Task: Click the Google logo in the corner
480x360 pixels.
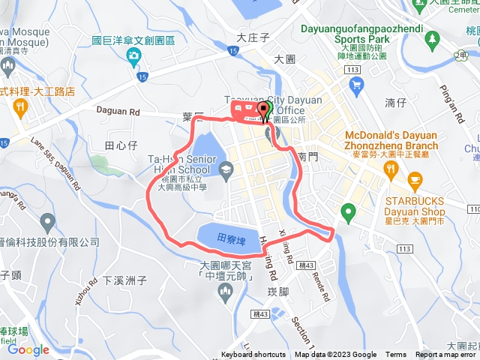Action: (x=28, y=349)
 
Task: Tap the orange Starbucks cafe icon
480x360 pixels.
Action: (x=415, y=181)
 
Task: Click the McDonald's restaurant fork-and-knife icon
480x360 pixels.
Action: (x=390, y=169)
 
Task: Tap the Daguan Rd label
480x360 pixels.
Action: (x=119, y=110)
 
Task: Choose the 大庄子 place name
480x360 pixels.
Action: (x=252, y=37)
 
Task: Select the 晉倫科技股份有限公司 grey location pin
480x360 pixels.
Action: (x=48, y=223)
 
